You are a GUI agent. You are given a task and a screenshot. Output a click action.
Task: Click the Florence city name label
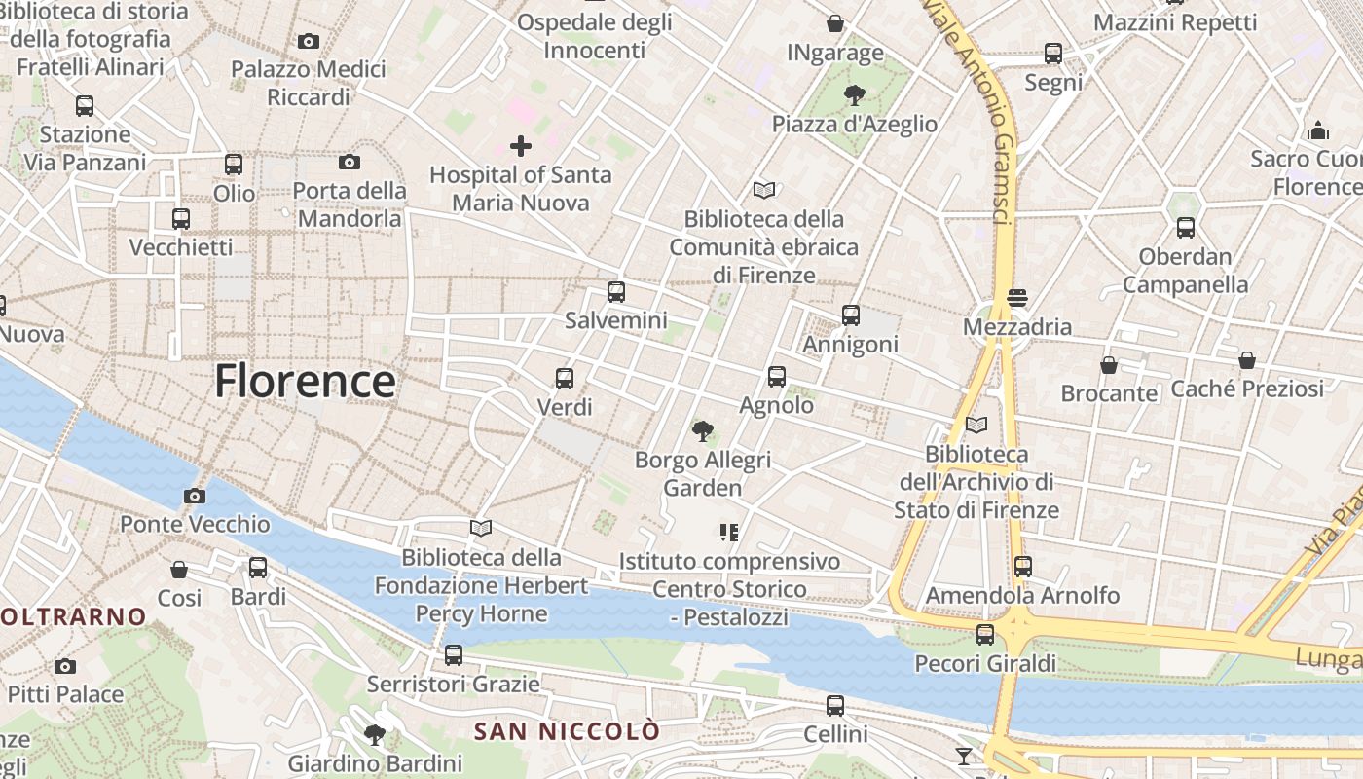[305, 381]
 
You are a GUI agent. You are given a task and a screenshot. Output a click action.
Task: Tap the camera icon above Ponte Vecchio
[195, 496]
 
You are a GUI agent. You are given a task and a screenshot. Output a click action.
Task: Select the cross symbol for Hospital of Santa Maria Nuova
[521, 146]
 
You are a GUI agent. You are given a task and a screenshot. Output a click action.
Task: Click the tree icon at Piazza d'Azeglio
[855, 94]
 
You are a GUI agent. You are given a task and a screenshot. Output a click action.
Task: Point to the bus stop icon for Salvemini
[615, 291]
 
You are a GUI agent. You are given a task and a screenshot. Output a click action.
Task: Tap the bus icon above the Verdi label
[565, 378]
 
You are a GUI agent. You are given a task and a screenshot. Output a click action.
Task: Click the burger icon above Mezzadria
[1017, 297]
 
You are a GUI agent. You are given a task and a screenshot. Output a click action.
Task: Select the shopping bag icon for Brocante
[1108, 365]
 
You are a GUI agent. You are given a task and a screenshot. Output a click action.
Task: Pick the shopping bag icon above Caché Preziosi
[1247, 360]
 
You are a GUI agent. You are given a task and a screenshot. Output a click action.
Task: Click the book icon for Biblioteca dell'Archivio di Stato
[976, 425]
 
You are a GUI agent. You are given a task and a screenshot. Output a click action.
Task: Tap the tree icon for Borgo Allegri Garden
[702, 430]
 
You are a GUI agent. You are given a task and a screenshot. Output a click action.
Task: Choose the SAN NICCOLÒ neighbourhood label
[567, 731]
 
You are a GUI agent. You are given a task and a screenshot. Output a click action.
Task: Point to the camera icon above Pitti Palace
[65, 666]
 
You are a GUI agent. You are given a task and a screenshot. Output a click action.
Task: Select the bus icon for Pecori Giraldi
[985, 635]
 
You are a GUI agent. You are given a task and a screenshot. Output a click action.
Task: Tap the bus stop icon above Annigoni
[851, 315]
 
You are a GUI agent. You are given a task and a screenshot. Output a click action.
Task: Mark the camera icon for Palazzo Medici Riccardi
[309, 41]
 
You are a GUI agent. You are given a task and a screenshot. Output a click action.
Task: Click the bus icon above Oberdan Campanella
[1185, 228]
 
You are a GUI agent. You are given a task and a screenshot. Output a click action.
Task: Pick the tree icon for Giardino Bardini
[374, 734]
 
